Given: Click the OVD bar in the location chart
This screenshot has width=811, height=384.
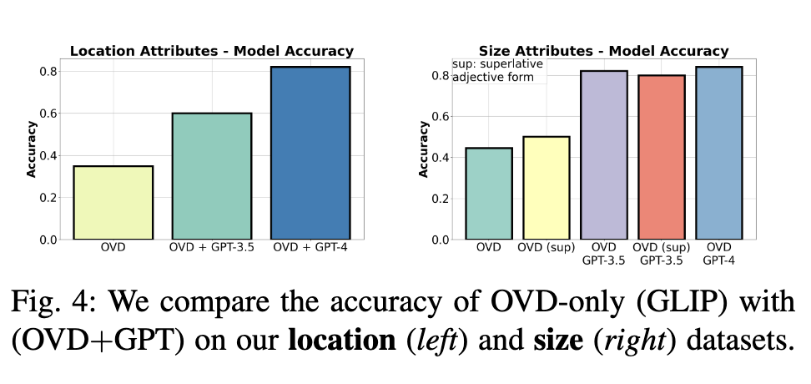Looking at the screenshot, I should [x=113, y=203].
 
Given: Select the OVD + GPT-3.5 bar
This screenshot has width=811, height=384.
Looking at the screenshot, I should [x=211, y=176].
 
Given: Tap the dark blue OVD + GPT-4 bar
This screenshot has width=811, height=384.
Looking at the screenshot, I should [x=310, y=153].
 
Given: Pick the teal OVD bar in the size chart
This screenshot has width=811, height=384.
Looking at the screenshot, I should [x=489, y=194].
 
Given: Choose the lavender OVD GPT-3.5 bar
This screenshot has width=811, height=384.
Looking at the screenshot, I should [x=603, y=155].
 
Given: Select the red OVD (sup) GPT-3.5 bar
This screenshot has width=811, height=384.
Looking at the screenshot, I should [x=661, y=157].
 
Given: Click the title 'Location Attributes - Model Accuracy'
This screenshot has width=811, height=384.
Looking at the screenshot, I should [x=211, y=51].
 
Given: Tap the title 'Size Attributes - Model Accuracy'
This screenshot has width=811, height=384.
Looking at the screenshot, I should [x=603, y=51].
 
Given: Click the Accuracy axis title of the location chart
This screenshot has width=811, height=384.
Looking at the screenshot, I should [x=32, y=149].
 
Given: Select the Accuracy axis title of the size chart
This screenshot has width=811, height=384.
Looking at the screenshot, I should [x=423, y=149].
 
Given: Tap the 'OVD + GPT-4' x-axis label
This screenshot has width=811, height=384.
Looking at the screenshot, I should [x=310, y=249].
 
